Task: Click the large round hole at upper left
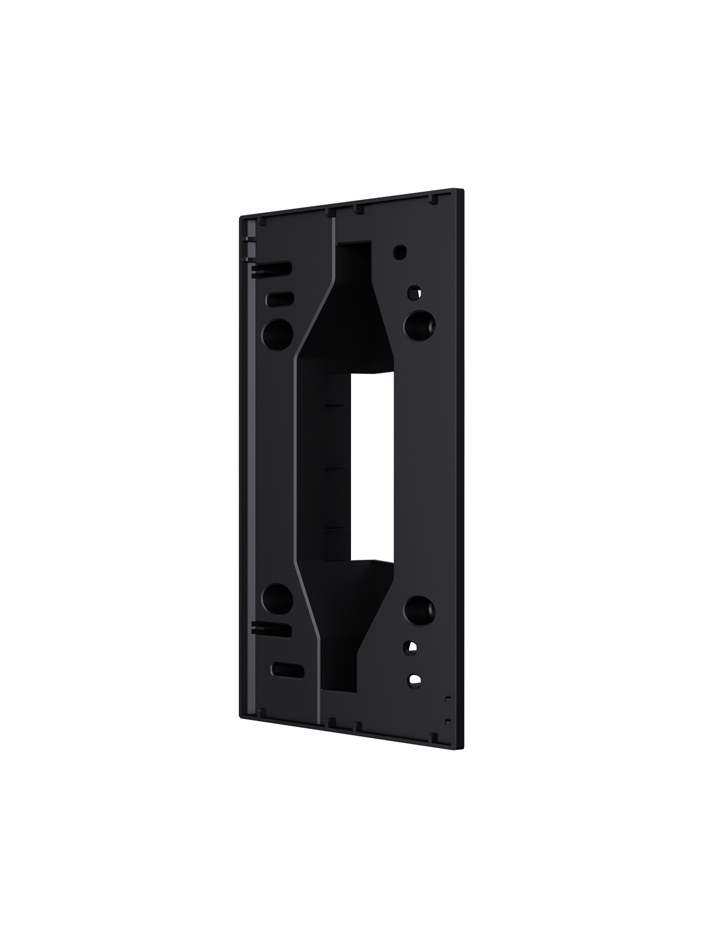[278, 332]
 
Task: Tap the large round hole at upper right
[419, 324]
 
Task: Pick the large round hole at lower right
[419, 610]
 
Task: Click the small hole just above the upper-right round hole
[414, 290]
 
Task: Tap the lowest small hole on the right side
[414, 679]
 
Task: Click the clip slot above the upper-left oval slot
[272, 269]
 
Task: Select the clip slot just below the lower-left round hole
[272, 628]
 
